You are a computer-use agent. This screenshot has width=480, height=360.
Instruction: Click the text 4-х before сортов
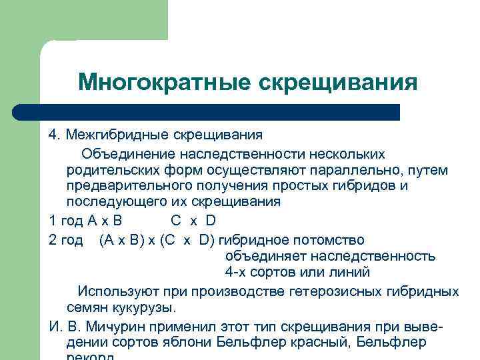(237, 273)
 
